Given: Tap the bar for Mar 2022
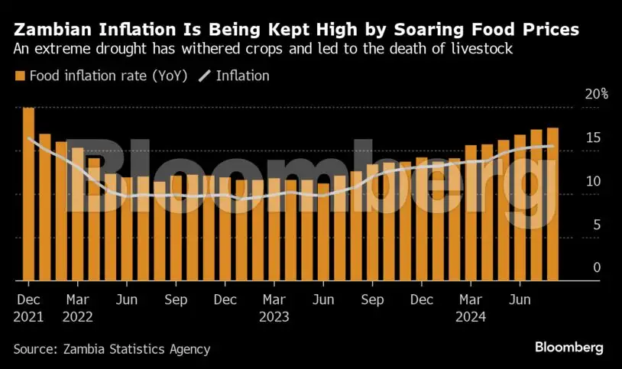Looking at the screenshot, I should pos(77,215).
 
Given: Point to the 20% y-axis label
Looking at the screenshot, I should pos(595,95).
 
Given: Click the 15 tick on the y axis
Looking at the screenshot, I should pos(594,138).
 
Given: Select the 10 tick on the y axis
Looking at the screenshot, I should pos(594,182).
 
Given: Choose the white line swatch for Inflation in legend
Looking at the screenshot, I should pos(205,76).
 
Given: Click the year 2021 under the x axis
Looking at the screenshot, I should pos(28,316).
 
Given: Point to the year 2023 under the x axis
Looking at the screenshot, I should pos(274,316).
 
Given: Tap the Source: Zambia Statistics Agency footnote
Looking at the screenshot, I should pos(112,349).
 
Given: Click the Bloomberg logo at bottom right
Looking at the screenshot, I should pos(569,348).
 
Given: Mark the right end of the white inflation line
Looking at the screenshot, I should pos(552,147).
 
